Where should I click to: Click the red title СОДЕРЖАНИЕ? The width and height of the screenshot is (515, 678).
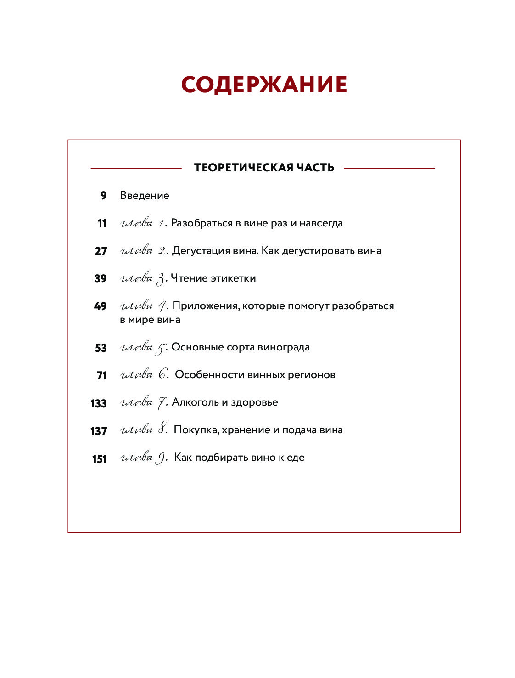pyautogui.click(x=264, y=85)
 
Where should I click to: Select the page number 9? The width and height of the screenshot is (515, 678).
pyautogui.click(x=103, y=196)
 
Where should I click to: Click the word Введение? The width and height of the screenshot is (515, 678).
pyautogui.click(x=145, y=196)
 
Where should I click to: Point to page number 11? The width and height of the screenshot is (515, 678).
pyautogui.click(x=102, y=223)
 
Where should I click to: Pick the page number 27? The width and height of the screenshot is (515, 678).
pyautogui.click(x=101, y=251)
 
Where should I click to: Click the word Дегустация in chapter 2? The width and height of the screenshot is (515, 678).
pyautogui.click(x=201, y=251)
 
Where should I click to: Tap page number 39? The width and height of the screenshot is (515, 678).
pyautogui.click(x=101, y=278)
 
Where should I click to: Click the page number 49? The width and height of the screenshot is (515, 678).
pyautogui.click(x=101, y=306)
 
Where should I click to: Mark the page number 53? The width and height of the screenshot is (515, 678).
pyautogui.click(x=101, y=348)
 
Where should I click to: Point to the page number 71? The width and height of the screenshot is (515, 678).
pyautogui.click(x=101, y=375)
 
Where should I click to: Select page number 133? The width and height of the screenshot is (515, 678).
pyautogui.click(x=99, y=403)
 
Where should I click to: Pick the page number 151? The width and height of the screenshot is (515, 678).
pyautogui.click(x=99, y=459)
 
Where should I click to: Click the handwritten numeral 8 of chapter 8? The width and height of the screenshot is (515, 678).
pyautogui.click(x=162, y=429)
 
